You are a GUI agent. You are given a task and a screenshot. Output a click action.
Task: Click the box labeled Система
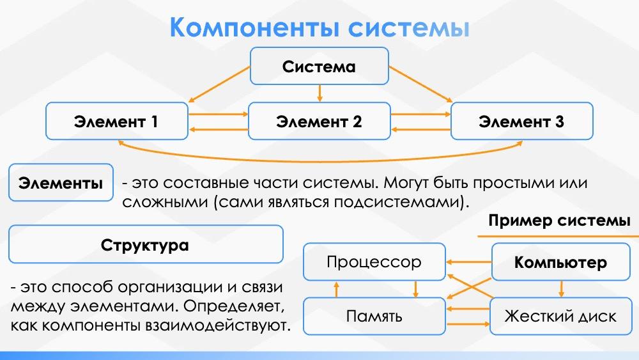pos(319,67)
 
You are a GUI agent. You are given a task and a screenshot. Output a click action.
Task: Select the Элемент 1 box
pos(117,121)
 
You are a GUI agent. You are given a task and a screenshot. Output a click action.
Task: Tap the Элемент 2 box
pos(319,121)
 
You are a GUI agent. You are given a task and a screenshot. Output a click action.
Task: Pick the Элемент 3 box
pos(521,121)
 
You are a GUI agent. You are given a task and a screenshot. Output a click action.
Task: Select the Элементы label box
pos(61,184)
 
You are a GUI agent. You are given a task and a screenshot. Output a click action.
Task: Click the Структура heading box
pos(146,244)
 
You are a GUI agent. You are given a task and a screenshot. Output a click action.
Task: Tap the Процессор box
pos(374,262)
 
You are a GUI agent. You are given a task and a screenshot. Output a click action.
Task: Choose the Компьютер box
pos(560,262)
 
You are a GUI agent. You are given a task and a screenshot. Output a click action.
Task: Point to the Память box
pos(374,316)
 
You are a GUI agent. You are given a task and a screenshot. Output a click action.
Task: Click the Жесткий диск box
pos(560,316)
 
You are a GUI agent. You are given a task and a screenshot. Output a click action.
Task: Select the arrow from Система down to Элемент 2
pos(319,93)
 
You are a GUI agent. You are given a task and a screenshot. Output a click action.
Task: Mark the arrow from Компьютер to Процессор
pos(468,262)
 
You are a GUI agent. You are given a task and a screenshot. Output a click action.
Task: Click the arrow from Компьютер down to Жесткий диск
pos(561,288)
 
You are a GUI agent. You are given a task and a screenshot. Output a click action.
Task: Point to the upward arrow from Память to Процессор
pos(337,289)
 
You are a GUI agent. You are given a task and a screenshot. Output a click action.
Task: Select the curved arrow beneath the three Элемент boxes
pos(319,154)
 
